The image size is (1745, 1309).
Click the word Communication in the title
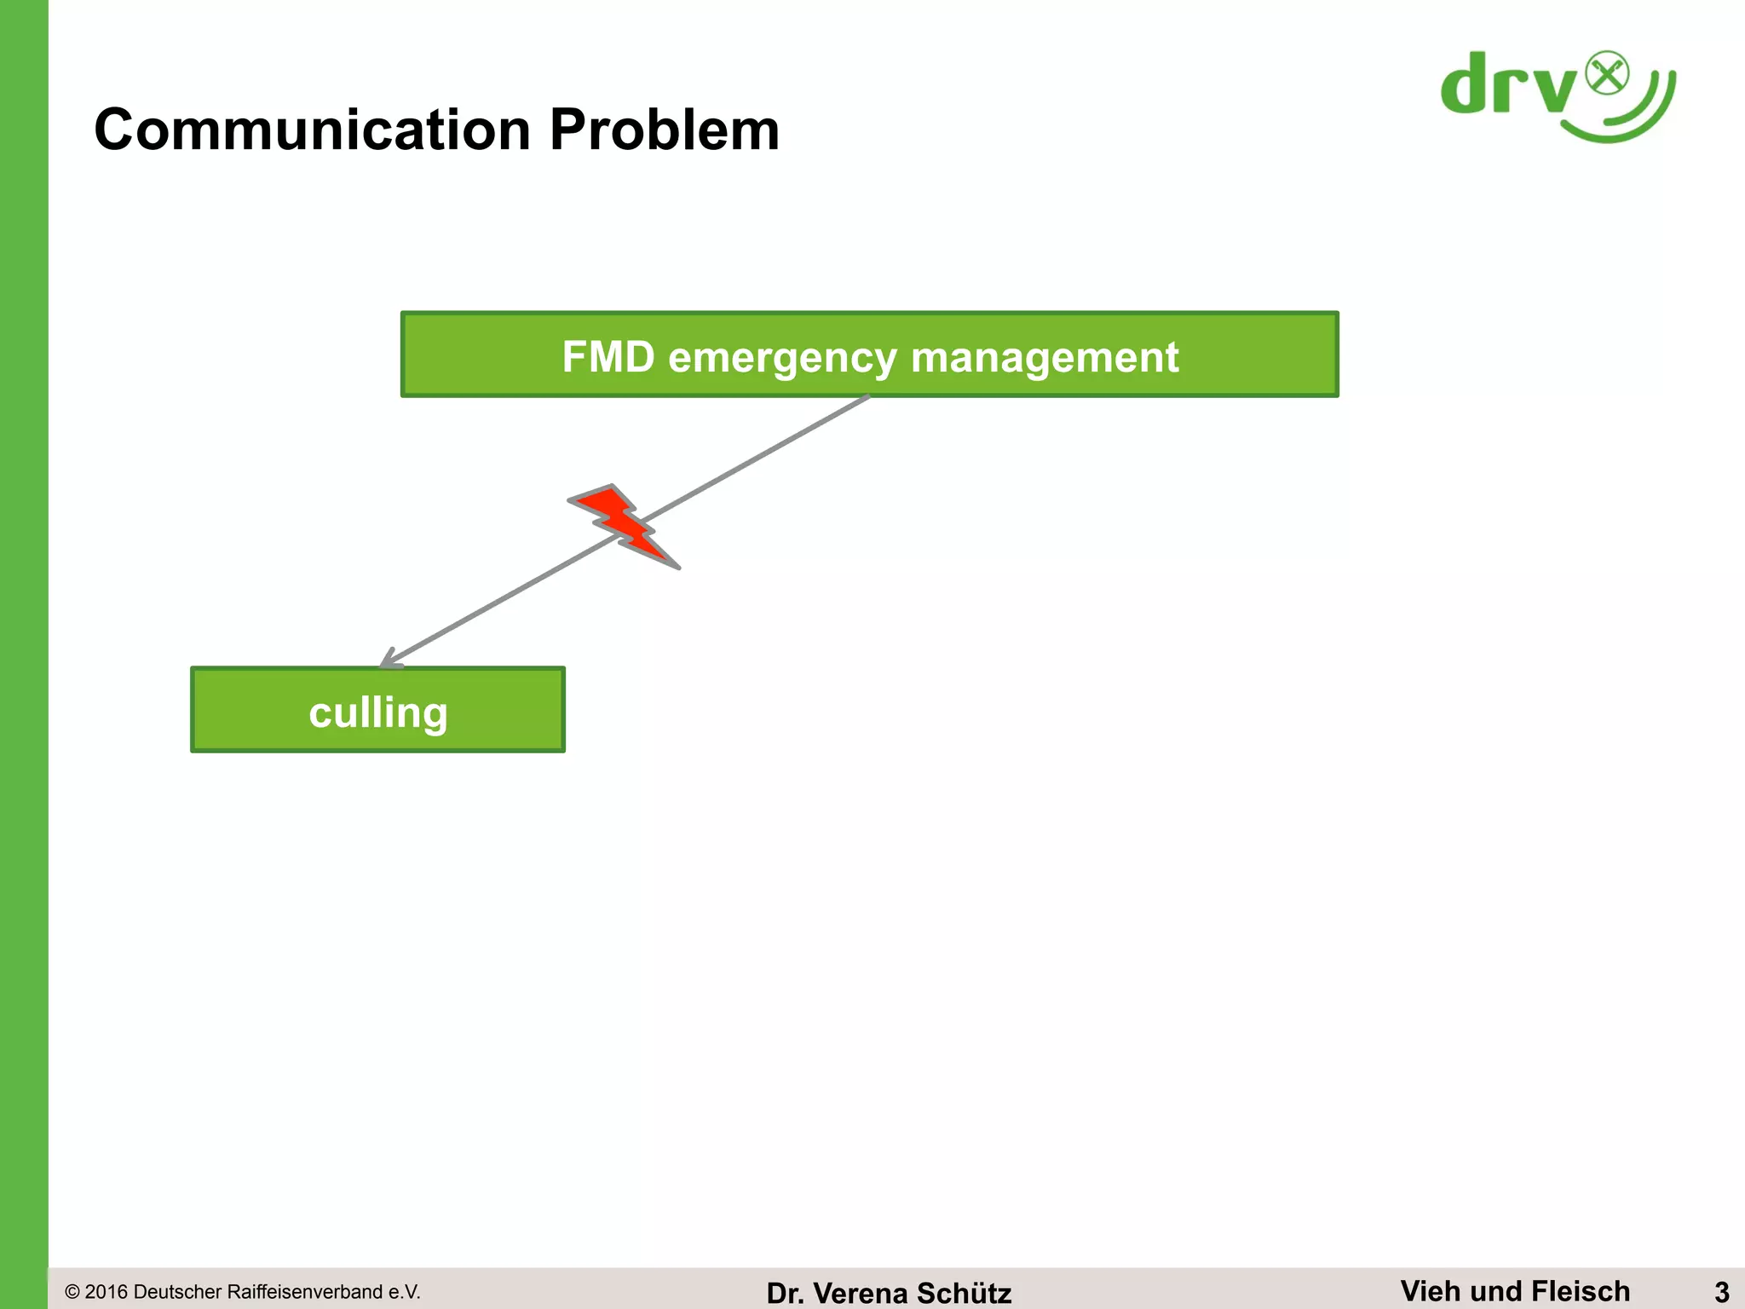tap(312, 130)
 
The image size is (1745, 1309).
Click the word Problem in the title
tap(664, 130)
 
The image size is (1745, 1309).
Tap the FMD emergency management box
tap(869, 355)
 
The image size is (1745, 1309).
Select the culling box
tap(377, 710)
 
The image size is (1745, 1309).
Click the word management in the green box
tap(1045, 357)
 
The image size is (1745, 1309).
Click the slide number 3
tap(1721, 1291)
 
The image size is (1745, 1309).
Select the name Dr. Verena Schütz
tap(889, 1293)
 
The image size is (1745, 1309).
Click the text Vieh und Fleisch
tap(1514, 1290)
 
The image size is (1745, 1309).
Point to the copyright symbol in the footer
tap(72, 1292)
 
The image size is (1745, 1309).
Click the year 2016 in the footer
tap(107, 1292)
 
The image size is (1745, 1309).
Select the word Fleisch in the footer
tap(1581, 1290)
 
